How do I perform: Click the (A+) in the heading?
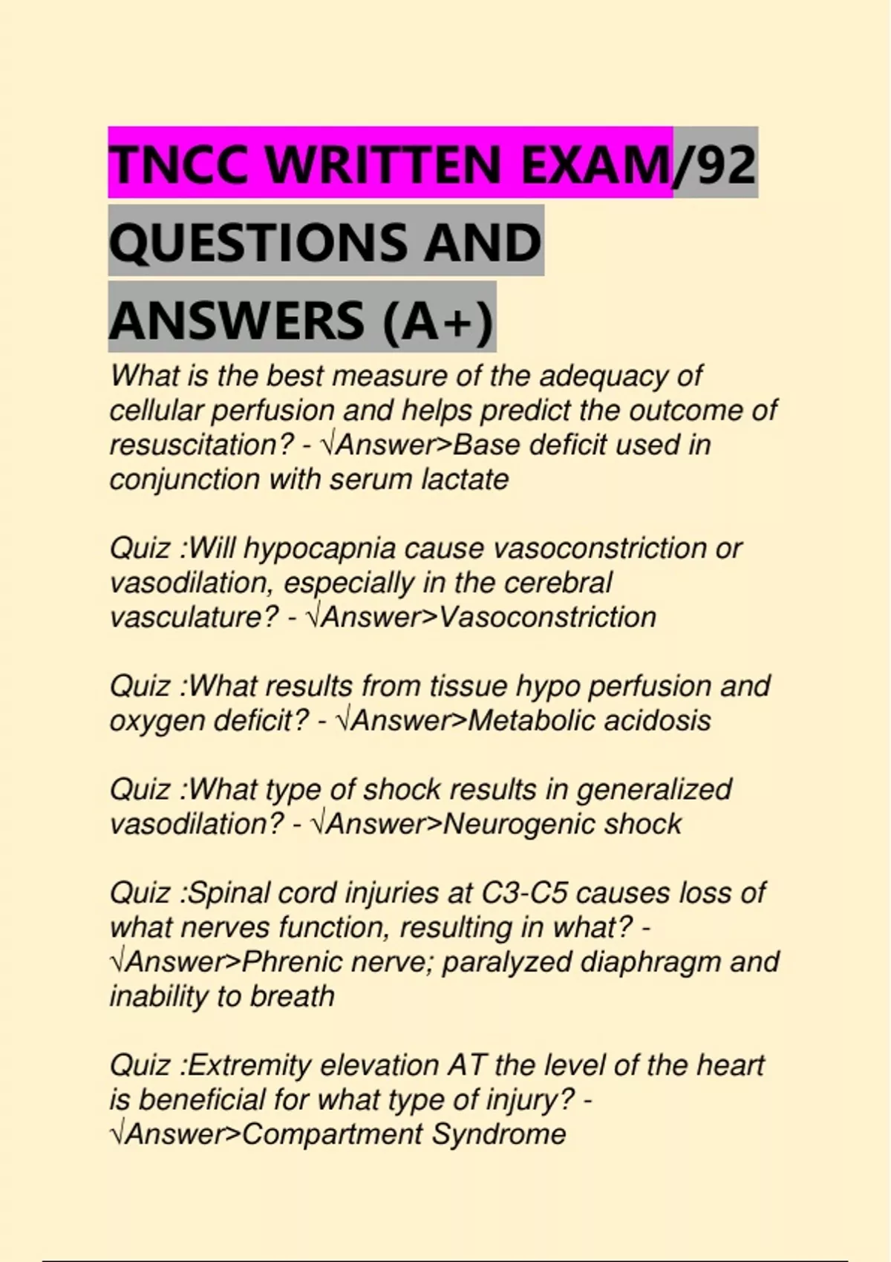tap(438, 321)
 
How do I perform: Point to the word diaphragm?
tap(650, 962)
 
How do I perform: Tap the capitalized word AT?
tap(466, 1066)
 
